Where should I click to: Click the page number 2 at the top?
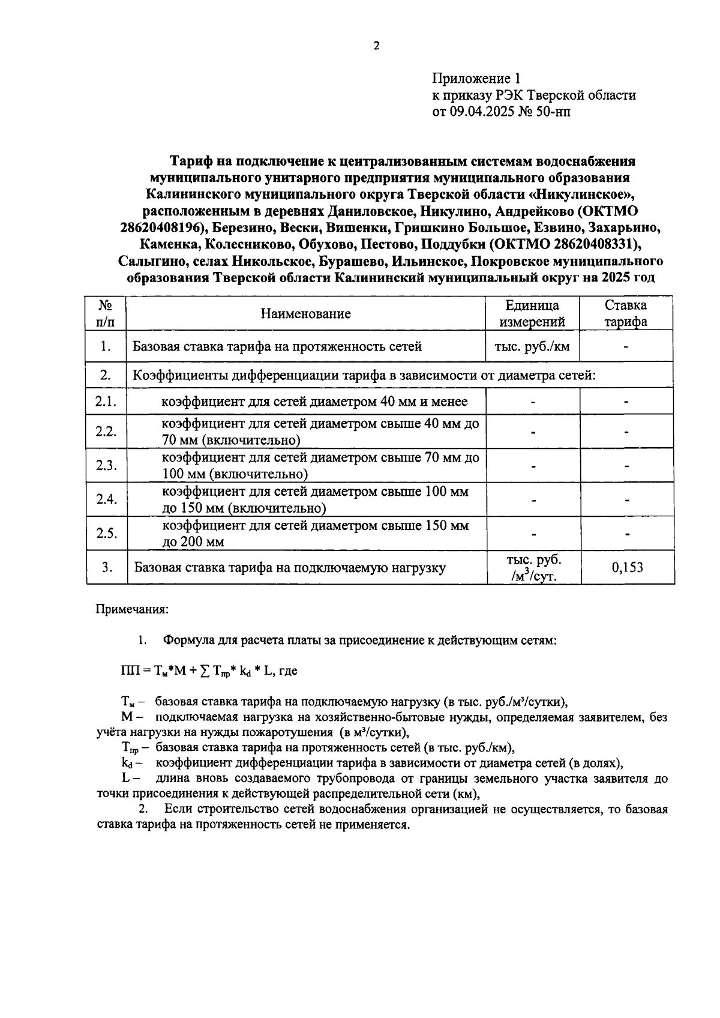[376, 46]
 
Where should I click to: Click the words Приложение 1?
[477, 79]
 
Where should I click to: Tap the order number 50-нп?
[553, 112]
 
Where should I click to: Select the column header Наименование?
[305, 313]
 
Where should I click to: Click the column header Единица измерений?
[532, 313]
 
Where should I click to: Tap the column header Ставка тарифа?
[625, 313]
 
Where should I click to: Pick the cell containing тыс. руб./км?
[532, 346]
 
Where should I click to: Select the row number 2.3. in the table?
[106, 466]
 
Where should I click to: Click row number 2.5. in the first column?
[106, 534]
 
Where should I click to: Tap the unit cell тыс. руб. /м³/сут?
[533, 568]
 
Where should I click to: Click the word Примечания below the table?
[133, 609]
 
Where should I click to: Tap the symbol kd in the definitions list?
[127, 763]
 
